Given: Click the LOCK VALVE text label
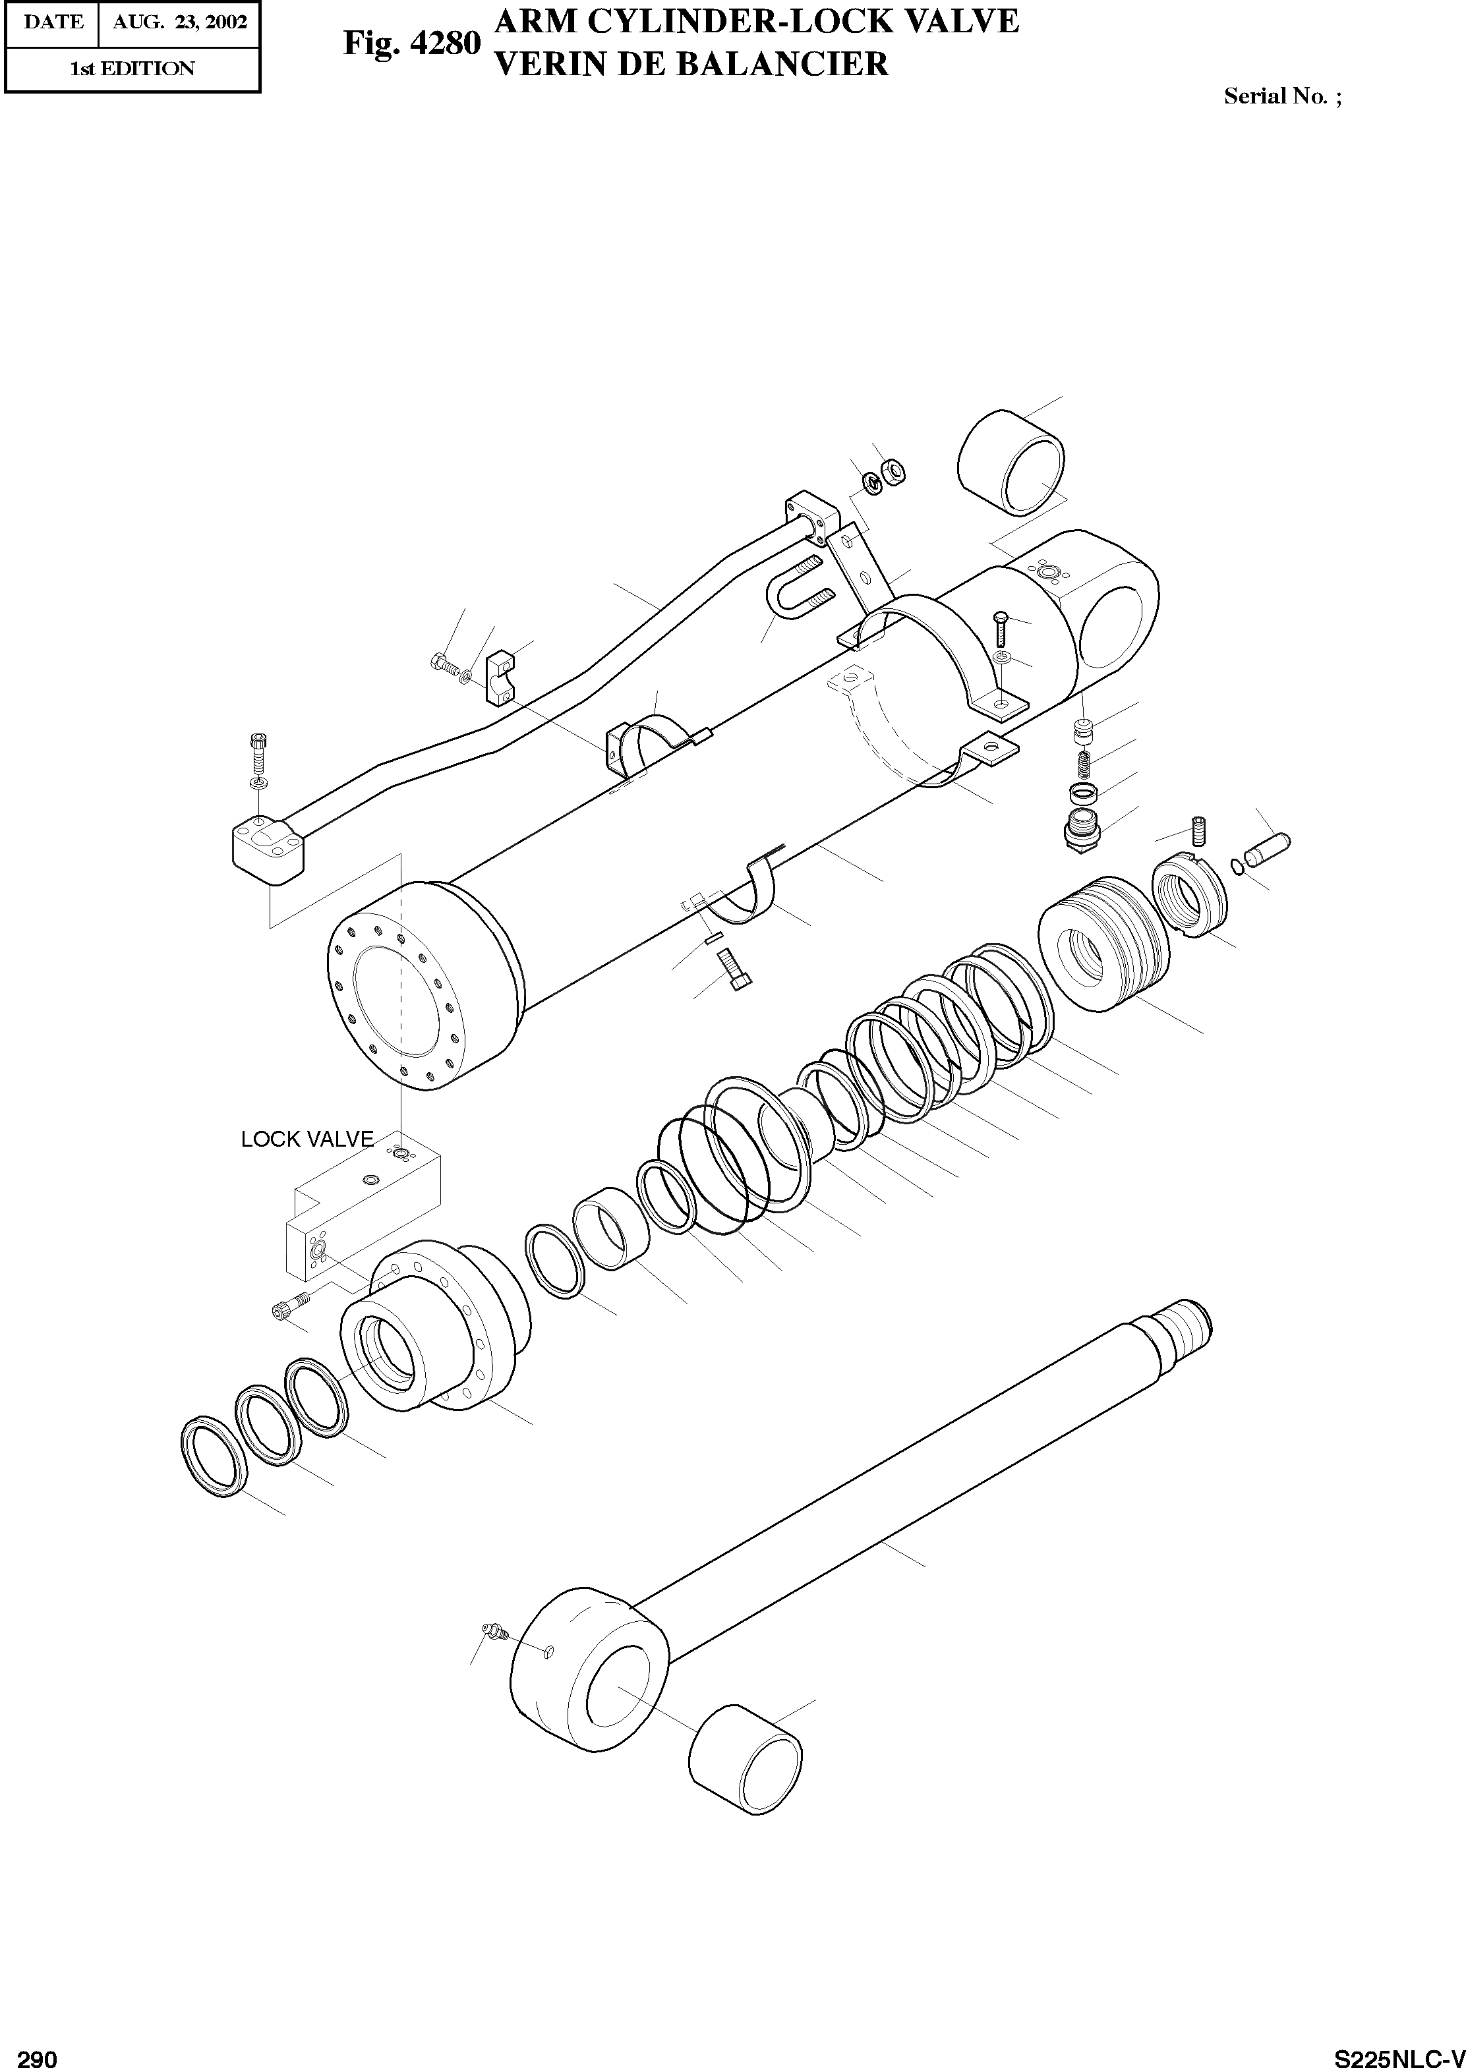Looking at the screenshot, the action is pyautogui.click(x=307, y=1139).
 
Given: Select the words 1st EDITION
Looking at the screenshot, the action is pyautogui.click(x=132, y=69).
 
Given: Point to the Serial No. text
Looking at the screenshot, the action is pyautogui.click(x=1282, y=96).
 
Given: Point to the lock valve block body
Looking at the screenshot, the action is pyautogui.click(x=361, y=1210).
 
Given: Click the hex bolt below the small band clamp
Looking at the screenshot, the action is pyautogui.click(x=735, y=973).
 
